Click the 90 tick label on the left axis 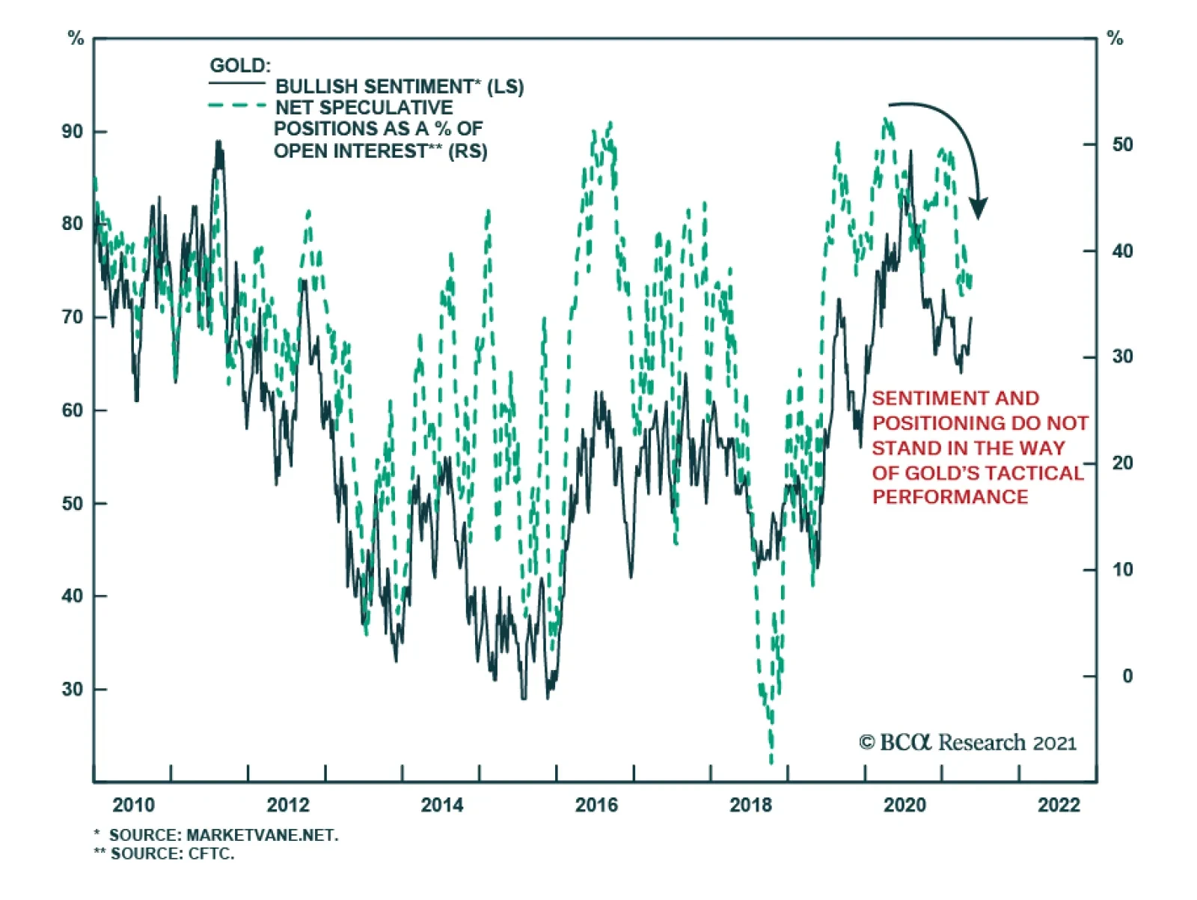(73, 132)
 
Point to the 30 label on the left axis (73, 689)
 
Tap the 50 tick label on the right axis (1122, 145)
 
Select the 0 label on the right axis (1127, 676)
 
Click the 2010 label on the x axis (133, 805)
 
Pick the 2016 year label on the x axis (596, 805)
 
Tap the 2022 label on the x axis (1059, 805)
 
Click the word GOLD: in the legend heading (240, 66)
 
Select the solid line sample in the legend (237, 83)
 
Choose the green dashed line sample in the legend (237, 106)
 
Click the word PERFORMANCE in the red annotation (950, 497)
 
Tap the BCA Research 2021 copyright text (967, 743)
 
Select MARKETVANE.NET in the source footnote (262, 835)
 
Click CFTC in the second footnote (211, 854)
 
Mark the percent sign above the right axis (1115, 38)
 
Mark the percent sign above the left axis (76, 38)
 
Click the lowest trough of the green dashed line (771, 762)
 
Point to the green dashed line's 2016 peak (610, 123)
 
